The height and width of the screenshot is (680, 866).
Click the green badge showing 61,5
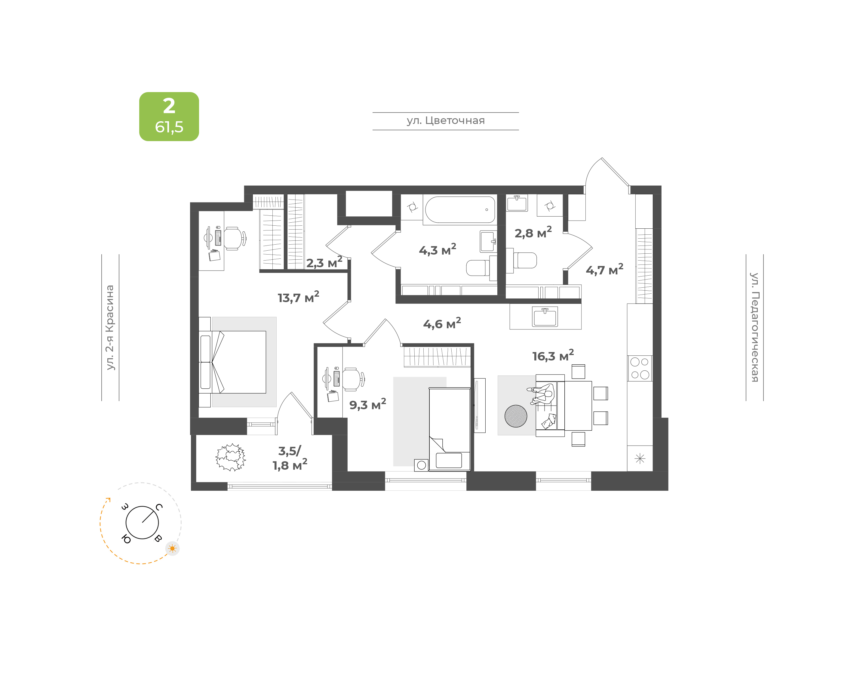(x=169, y=117)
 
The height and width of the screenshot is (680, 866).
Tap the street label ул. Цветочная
(x=446, y=121)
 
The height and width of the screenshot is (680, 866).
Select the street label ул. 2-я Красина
(x=110, y=327)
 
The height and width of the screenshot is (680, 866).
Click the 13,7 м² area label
(x=298, y=297)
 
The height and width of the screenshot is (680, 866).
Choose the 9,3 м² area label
(x=367, y=404)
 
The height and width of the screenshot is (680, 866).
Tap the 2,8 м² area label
(x=533, y=233)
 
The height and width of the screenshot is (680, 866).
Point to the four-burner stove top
(x=640, y=368)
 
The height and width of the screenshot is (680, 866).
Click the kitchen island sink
(x=545, y=317)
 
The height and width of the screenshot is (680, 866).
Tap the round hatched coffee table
(x=516, y=416)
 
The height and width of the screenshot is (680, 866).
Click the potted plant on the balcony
(x=231, y=457)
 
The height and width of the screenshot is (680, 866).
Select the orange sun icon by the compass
(x=172, y=549)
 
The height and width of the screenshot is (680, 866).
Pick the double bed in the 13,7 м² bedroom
(x=232, y=362)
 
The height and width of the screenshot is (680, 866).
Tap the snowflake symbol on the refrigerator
(x=640, y=459)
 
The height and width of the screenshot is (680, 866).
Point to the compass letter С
(x=159, y=507)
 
